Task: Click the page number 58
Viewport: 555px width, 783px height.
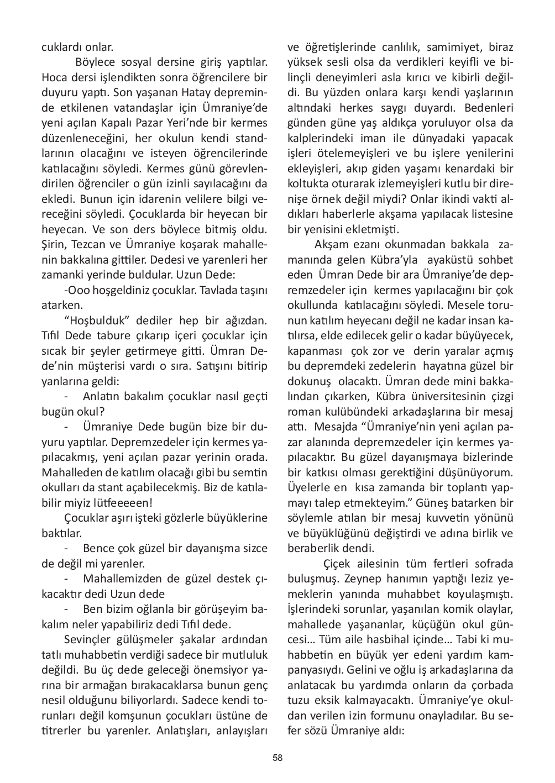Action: point(277,758)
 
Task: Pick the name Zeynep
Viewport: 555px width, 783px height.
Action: point(362,579)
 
